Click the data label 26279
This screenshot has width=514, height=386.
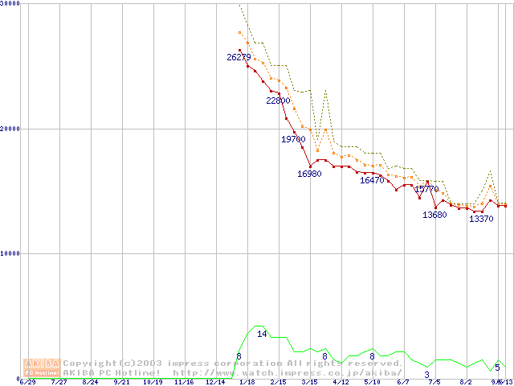pos(239,57)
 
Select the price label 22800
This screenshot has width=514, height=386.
pos(279,101)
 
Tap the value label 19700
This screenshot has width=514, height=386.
pos(293,139)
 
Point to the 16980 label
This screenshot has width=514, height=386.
pos(309,174)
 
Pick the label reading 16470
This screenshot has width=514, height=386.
pos(372,180)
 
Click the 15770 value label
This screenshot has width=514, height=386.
pos(427,189)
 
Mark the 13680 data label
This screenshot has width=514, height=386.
pos(434,215)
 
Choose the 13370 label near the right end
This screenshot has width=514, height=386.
pos(481,219)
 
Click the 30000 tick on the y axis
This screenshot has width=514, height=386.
pos(11,4)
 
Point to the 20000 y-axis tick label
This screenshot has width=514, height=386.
pos(11,129)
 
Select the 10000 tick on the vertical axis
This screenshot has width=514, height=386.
pos(11,253)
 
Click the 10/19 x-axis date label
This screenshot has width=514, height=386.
pos(153,382)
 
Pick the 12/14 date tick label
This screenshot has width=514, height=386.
pos(214,382)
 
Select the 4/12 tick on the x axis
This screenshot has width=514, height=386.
pos(340,382)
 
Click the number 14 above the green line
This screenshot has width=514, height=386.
pos(262,334)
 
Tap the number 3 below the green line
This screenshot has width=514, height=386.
pos(427,374)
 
